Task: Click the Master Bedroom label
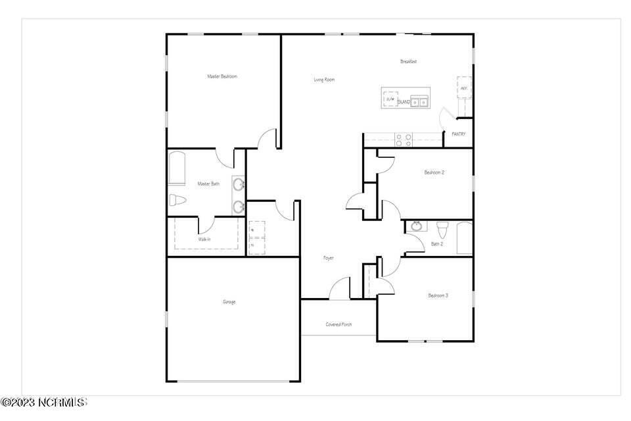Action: click(222, 76)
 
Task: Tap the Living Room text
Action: click(324, 80)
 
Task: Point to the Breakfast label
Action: click(409, 62)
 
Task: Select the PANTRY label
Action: click(459, 134)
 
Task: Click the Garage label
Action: click(229, 302)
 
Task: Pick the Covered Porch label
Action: click(339, 324)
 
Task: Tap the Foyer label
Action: click(328, 258)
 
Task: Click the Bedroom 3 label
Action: click(438, 295)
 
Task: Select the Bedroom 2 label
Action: click(434, 172)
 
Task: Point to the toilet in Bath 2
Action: click(442, 230)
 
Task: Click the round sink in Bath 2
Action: click(416, 227)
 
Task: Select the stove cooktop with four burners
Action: click(403, 139)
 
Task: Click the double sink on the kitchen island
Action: click(419, 101)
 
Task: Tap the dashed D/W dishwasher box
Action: click(390, 99)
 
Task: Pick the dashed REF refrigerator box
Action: click(464, 87)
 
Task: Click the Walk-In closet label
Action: click(204, 239)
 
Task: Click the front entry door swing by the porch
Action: click(339, 289)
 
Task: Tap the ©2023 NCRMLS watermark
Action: click(43, 401)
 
